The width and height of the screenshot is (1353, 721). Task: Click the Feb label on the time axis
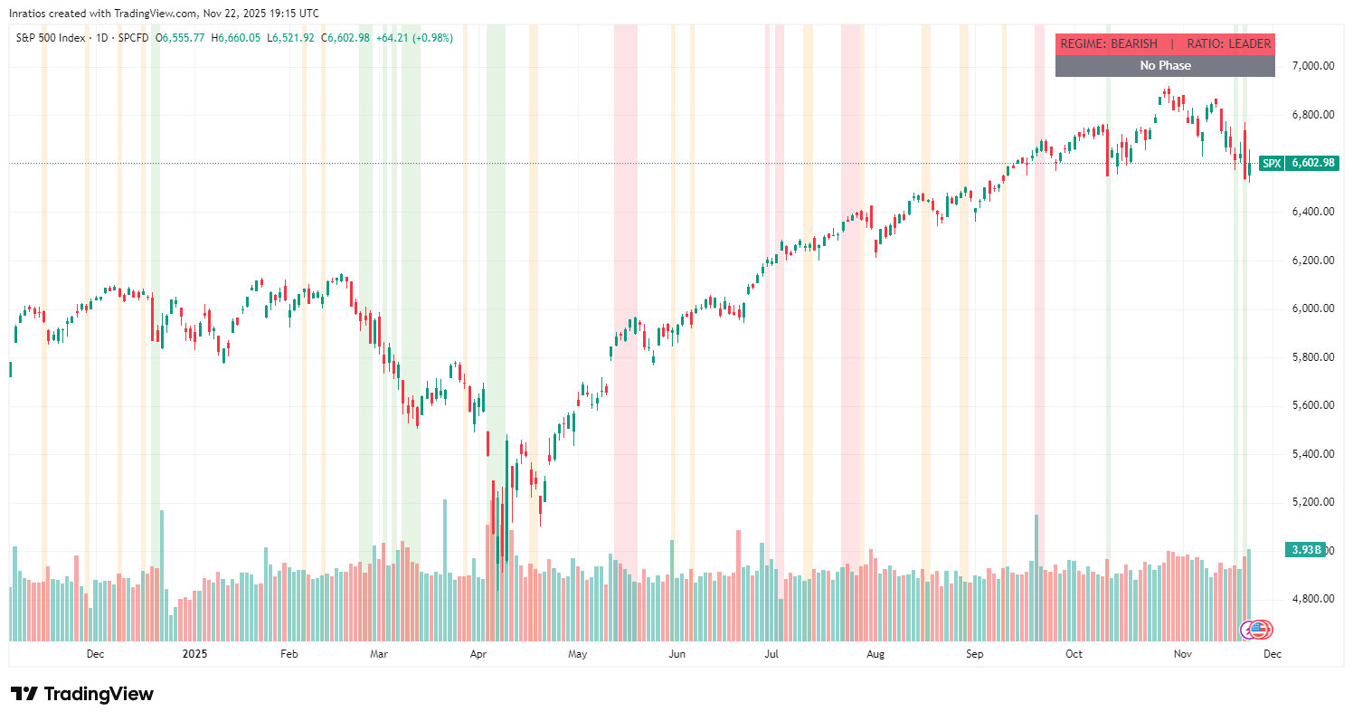[289, 653]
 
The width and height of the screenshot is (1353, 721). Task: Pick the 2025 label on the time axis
[194, 653]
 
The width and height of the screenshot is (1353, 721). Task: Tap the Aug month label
[875, 653]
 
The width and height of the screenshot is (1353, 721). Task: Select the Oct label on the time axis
[1074, 653]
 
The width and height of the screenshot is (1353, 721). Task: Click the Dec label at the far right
[1272, 653]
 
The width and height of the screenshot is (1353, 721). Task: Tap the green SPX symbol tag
[1272, 164]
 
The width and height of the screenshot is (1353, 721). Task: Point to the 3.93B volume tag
[1303, 550]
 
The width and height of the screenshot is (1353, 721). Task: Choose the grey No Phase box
[1165, 65]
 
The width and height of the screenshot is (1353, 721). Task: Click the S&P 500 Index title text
[52, 38]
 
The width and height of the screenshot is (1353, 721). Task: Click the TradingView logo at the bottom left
[82, 694]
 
